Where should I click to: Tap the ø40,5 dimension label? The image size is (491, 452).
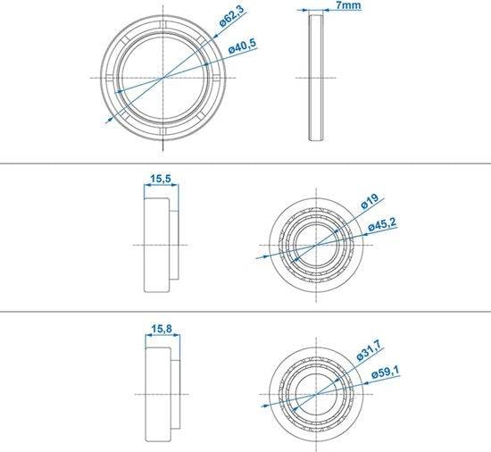(242, 46)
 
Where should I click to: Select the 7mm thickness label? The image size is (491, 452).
(348, 5)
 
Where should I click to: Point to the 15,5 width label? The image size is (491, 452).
(161, 179)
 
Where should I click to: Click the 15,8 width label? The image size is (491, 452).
(162, 329)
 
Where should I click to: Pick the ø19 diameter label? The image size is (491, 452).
(370, 201)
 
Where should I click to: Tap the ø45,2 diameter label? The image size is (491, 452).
(382, 224)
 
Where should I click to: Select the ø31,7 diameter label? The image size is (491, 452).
(370, 350)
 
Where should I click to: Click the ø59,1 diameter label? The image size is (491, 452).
(386, 372)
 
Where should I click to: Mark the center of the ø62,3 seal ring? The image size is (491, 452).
(162, 78)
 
